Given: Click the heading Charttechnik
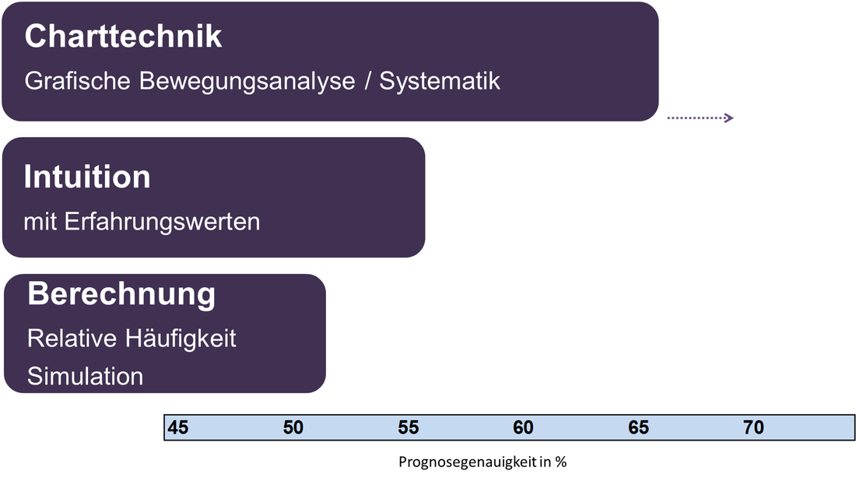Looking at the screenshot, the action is click(x=124, y=37).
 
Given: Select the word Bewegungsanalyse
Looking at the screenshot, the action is click(x=247, y=82).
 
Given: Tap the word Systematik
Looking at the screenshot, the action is click(x=440, y=81).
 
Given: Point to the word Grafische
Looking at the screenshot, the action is click(x=78, y=81).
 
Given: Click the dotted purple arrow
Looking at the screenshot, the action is click(x=700, y=118).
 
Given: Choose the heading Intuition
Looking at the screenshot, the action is click(x=87, y=177).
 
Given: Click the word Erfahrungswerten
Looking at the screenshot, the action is click(x=162, y=223).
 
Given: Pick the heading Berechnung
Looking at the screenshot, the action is click(x=121, y=294).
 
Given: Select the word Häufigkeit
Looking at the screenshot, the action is click(x=181, y=339).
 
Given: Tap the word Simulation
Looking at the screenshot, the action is click(x=85, y=376).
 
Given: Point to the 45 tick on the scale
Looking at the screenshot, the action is click(x=178, y=427).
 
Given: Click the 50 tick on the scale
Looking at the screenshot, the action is click(x=293, y=427).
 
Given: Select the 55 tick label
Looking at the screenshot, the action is click(x=409, y=427).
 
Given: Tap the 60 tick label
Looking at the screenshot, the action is click(x=523, y=427).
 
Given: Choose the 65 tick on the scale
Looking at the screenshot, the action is click(x=639, y=427).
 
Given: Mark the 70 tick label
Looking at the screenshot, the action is click(x=753, y=427).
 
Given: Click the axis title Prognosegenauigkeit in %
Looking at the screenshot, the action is click(x=482, y=462).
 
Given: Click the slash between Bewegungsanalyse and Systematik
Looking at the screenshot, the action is click(x=367, y=81).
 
